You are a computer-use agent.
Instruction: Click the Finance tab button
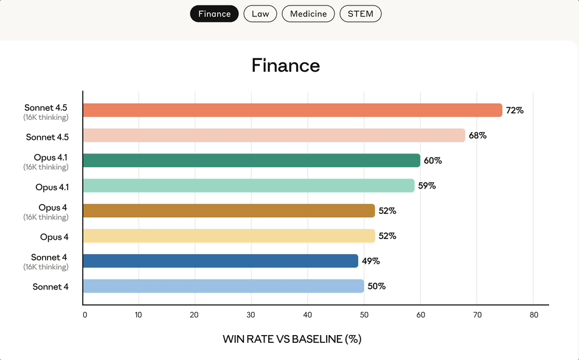pyautogui.click(x=214, y=14)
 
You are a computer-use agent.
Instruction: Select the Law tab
pyautogui.click(x=260, y=14)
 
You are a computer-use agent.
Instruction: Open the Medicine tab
pyautogui.click(x=308, y=14)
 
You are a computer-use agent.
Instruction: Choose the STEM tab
pyautogui.click(x=361, y=14)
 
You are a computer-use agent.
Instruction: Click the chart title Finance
pyautogui.click(x=286, y=66)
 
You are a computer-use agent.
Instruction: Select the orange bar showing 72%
pyautogui.click(x=292, y=110)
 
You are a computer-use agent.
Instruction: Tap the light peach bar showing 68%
pyautogui.click(x=274, y=136)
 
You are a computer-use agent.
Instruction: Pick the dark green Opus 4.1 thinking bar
pyautogui.click(x=251, y=161)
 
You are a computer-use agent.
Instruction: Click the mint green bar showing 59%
pyautogui.click(x=248, y=185)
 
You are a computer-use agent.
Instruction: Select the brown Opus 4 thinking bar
pyautogui.click(x=229, y=210)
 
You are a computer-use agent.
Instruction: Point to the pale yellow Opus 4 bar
pyautogui.click(x=229, y=236)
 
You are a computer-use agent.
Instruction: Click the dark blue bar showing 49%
pyautogui.click(x=220, y=261)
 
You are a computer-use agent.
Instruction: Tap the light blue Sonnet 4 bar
pyautogui.click(x=223, y=286)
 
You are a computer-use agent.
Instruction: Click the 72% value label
pyautogui.click(x=515, y=111)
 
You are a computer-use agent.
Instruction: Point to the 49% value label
pyautogui.click(x=371, y=261)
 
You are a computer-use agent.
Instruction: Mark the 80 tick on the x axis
pyautogui.click(x=533, y=315)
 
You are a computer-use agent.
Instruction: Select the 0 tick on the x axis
pyautogui.click(x=85, y=315)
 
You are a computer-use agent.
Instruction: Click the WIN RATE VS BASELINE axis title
pyautogui.click(x=292, y=339)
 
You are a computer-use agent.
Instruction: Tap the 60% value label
pyautogui.click(x=433, y=161)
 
